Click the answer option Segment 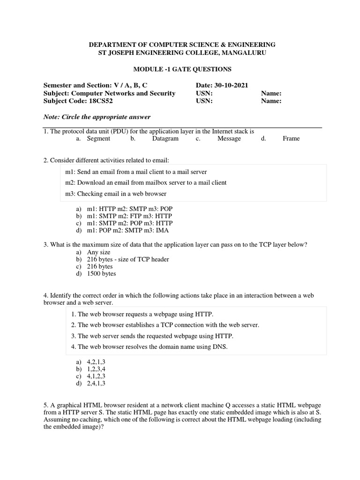(x=98, y=139)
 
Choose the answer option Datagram (x=165, y=139)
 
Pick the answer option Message (x=229, y=139)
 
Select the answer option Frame (x=291, y=139)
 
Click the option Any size (x=98, y=252)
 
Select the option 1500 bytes (x=101, y=274)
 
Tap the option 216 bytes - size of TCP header (x=128, y=259)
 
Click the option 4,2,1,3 (x=96, y=362)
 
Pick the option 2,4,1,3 (x=96, y=383)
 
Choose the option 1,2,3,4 (x=96, y=369)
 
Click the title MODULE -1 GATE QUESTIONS (x=182, y=69)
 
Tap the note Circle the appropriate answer (x=97, y=117)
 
